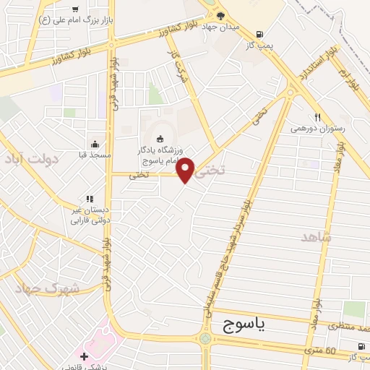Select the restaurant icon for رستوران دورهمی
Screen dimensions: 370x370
point(317,117)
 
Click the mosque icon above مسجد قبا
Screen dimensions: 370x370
point(95,143)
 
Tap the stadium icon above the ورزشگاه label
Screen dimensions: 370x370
point(160,139)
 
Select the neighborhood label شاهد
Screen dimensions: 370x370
point(316,237)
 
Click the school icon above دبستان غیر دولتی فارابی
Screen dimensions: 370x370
point(90,199)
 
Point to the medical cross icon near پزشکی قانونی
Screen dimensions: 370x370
point(85,356)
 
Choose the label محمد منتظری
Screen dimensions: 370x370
point(344,326)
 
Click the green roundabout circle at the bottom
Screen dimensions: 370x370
point(206,338)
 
